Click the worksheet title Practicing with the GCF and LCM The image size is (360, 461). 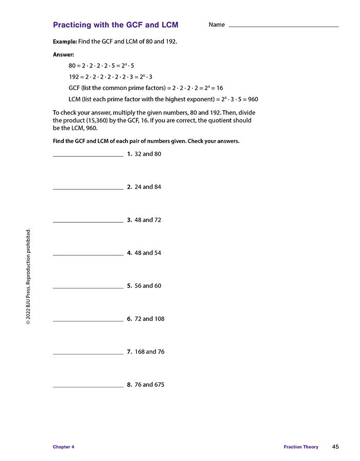[x=115, y=25]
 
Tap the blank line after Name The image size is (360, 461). [x=283, y=26]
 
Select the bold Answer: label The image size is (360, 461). [x=64, y=55]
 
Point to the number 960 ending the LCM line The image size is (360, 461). [x=252, y=99]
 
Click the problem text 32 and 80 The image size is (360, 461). [x=148, y=154]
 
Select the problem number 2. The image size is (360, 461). [x=129, y=187]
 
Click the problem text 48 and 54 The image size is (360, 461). [x=148, y=253]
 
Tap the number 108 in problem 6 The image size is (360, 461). [x=159, y=318]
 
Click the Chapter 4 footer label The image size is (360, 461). [x=63, y=447]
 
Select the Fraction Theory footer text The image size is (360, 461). [x=301, y=447]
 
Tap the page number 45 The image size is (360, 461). [x=335, y=447]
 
